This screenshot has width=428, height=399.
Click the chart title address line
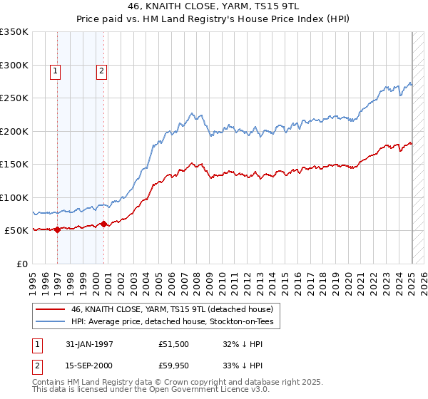(x=213, y=7)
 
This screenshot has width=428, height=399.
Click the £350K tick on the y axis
(x=14, y=32)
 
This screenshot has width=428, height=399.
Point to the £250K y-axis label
(x=14, y=98)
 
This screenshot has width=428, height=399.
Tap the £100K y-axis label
(x=14, y=197)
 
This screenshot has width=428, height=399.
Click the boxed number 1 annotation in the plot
(x=56, y=71)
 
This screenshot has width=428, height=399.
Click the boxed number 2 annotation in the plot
(x=102, y=71)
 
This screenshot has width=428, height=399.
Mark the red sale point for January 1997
(x=58, y=229)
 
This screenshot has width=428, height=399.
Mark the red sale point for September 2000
(x=103, y=224)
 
